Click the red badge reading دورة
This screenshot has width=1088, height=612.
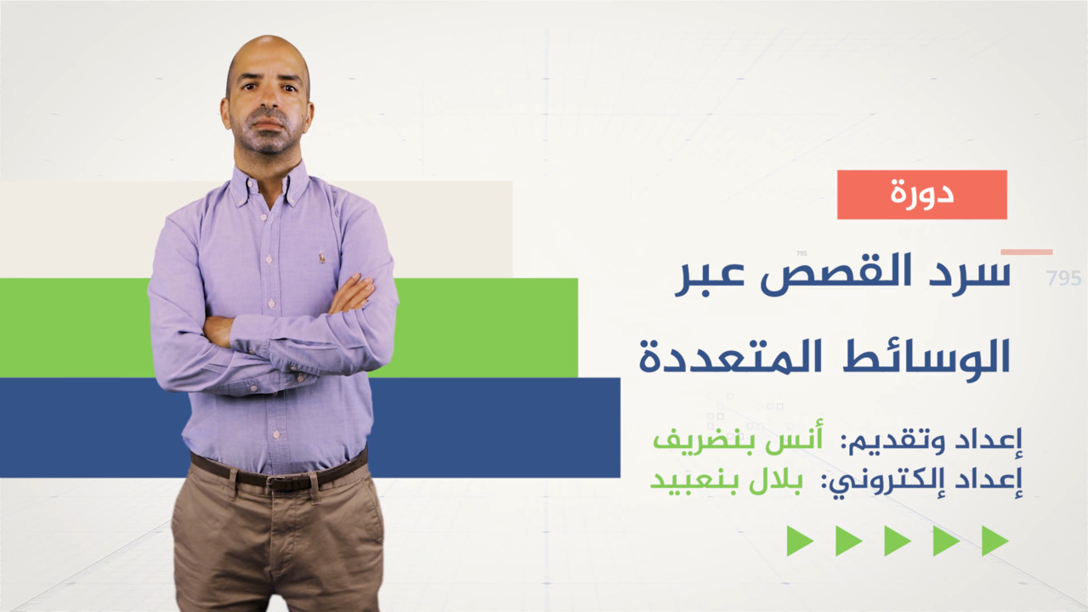[x=922, y=195]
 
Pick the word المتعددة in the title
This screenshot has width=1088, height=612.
[x=732, y=357]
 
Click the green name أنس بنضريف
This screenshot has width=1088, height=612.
[x=738, y=439]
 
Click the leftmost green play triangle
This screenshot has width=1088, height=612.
[x=800, y=541]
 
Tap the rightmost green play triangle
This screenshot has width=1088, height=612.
[x=994, y=541]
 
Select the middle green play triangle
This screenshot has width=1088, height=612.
[x=898, y=541]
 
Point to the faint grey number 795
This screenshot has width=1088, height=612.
[x=1063, y=278]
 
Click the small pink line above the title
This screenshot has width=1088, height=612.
[x=1026, y=252]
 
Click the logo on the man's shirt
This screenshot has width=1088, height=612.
[x=322, y=258]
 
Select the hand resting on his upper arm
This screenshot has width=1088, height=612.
[x=352, y=294]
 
